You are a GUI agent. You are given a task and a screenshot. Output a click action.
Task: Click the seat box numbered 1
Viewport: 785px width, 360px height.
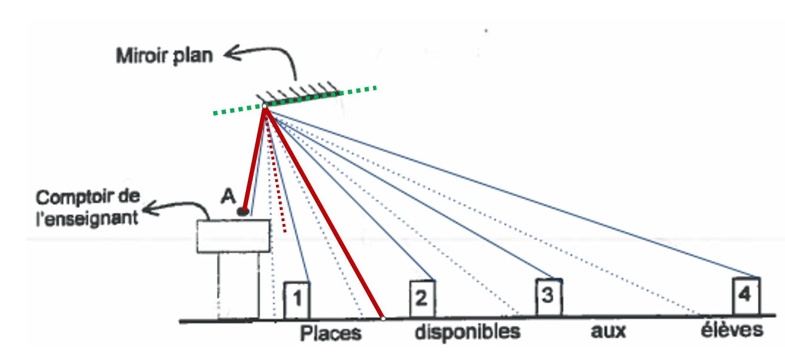pos(297,300)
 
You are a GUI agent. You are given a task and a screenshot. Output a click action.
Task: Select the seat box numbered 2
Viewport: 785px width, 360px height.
pos(422,298)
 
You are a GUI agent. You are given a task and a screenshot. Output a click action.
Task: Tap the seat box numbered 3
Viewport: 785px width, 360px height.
pos(548,296)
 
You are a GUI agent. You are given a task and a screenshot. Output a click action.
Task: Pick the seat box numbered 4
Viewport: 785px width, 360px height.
pos(745,295)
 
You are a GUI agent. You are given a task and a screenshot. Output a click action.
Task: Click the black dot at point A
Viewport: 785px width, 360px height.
pos(243,211)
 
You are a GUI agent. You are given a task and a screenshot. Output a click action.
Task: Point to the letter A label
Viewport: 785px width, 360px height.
pos(228,196)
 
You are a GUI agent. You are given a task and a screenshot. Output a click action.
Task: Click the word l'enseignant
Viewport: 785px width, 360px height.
pos(87,218)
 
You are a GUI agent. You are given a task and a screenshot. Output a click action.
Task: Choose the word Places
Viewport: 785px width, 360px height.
pos(330,333)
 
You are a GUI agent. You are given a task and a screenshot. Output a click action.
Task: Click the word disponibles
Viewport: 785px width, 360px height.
pos(467,332)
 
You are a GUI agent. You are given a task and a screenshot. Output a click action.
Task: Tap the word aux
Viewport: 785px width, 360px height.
pos(608,331)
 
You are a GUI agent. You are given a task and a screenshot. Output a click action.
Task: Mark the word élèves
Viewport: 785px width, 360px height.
pos(731,330)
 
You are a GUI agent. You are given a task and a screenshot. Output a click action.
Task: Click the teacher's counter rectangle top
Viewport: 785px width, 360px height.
pos(233,236)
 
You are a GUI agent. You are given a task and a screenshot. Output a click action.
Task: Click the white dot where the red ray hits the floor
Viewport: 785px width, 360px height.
pos(383,318)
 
